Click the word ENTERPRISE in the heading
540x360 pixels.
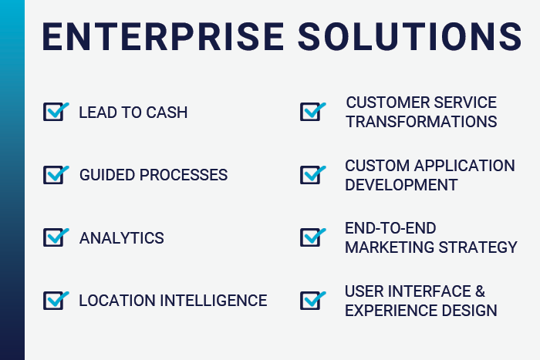click(163, 37)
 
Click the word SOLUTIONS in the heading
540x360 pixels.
click(410, 37)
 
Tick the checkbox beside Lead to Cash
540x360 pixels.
click(56, 112)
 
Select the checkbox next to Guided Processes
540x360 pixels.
click(56, 175)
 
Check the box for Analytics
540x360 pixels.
click(56, 237)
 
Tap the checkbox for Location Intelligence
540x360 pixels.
click(56, 301)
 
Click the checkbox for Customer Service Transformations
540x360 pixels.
click(312, 112)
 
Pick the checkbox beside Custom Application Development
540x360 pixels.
click(312, 175)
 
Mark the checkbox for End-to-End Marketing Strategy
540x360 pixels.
click(312, 237)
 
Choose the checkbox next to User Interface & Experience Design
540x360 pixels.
click(312, 301)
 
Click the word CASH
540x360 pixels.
click(167, 113)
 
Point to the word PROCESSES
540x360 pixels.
click(184, 175)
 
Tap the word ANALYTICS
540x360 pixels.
click(122, 238)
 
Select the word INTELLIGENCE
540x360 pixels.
click(214, 301)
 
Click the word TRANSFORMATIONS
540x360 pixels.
click(421, 122)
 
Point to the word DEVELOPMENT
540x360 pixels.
click(401, 185)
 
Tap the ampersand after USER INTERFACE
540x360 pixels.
click(480, 291)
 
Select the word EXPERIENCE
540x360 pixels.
click(391, 311)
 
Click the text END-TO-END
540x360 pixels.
click(390, 228)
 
